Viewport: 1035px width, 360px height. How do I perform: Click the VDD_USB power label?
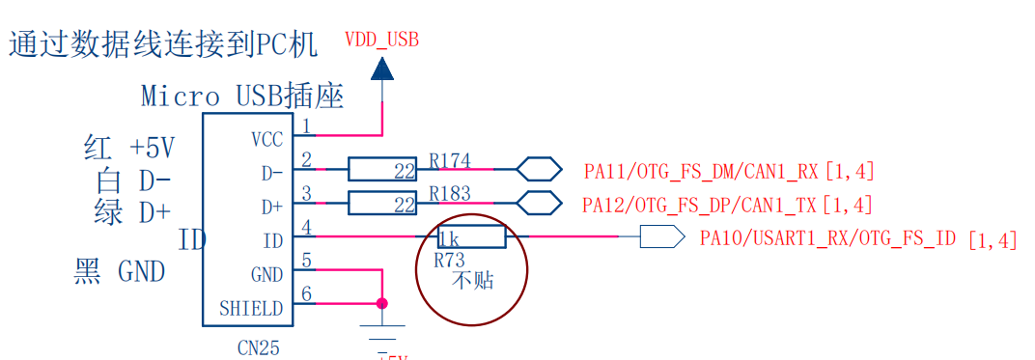coord(381,40)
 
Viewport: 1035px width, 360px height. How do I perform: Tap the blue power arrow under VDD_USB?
coord(382,69)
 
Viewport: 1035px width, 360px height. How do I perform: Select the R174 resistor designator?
coord(450,158)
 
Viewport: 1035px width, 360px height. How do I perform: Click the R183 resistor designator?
coord(450,193)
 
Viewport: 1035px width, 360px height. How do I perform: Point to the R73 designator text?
coord(449,260)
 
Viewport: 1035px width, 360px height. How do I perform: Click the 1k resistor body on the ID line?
coord(471,237)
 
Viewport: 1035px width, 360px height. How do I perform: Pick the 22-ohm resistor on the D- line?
coord(382,170)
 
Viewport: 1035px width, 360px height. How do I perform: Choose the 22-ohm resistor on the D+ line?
coord(382,204)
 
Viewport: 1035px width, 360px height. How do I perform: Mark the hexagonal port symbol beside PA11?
coord(539,170)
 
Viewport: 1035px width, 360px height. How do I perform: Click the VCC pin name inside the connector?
coord(267,140)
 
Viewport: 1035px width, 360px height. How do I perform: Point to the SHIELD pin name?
coord(251,309)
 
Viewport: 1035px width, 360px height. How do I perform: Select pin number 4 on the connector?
coord(306,228)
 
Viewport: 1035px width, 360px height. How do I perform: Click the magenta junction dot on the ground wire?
coord(382,303)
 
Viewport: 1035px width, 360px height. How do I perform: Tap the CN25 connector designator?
coord(258,347)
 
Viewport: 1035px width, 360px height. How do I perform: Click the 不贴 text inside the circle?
coord(472,281)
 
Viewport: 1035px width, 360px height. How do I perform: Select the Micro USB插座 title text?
coord(242,96)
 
